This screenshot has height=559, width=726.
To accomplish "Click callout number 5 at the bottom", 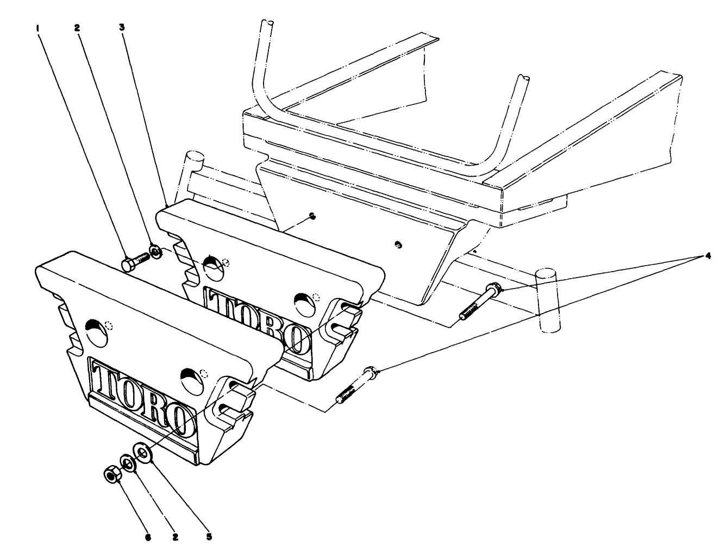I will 209,537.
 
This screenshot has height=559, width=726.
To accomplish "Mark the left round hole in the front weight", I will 97,331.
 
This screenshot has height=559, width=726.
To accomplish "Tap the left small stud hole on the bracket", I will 312,216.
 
